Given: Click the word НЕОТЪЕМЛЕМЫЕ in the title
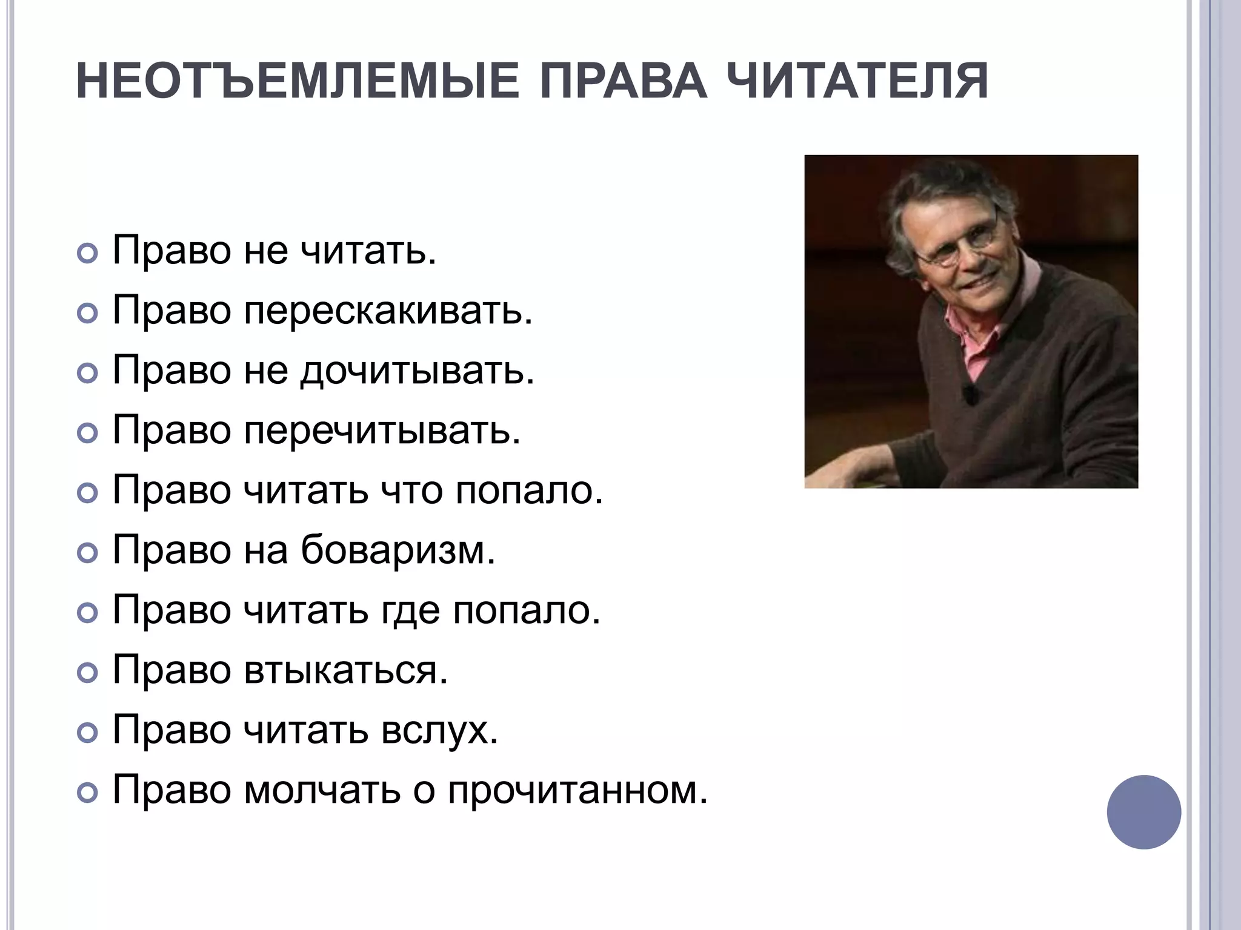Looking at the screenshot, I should (298, 81).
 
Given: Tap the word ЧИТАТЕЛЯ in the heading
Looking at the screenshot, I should (857, 81).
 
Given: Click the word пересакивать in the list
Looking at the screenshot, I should (388, 311).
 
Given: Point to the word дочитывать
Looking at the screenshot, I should (418, 371).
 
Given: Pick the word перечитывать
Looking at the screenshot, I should (382, 430).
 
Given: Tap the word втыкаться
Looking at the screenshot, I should (345, 670).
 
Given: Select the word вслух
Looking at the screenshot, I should (439, 730).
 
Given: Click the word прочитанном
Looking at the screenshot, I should (577, 790).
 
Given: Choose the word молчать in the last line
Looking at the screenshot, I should (322, 790).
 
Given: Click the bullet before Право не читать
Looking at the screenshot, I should (88, 253).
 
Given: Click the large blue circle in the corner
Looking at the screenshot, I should (1143, 812).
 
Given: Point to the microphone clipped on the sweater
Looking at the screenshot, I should (971, 394).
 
